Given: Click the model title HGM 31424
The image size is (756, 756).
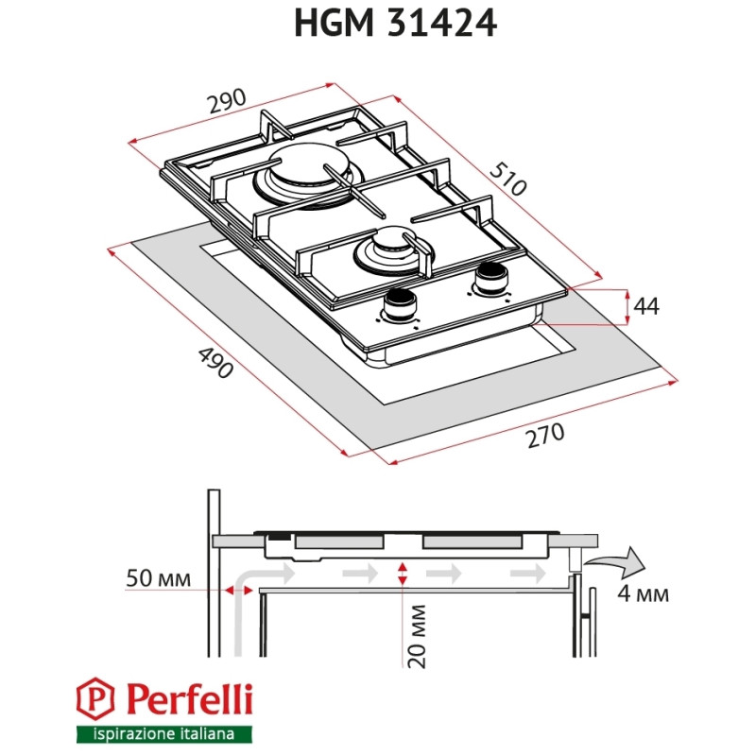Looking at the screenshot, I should coord(395,24).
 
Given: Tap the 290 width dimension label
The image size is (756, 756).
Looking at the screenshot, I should coord(228,101).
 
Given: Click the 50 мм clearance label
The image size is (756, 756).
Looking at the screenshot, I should coord(157,578).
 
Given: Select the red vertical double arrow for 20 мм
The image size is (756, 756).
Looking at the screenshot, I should coord(404,573).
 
